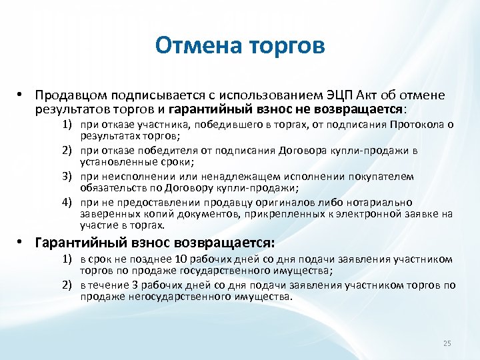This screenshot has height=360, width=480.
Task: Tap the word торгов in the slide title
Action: (287, 46)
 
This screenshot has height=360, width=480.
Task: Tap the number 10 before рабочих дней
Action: (179, 259)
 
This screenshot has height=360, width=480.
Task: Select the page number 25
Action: (447, 343)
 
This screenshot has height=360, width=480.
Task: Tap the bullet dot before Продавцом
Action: (22, 95)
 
